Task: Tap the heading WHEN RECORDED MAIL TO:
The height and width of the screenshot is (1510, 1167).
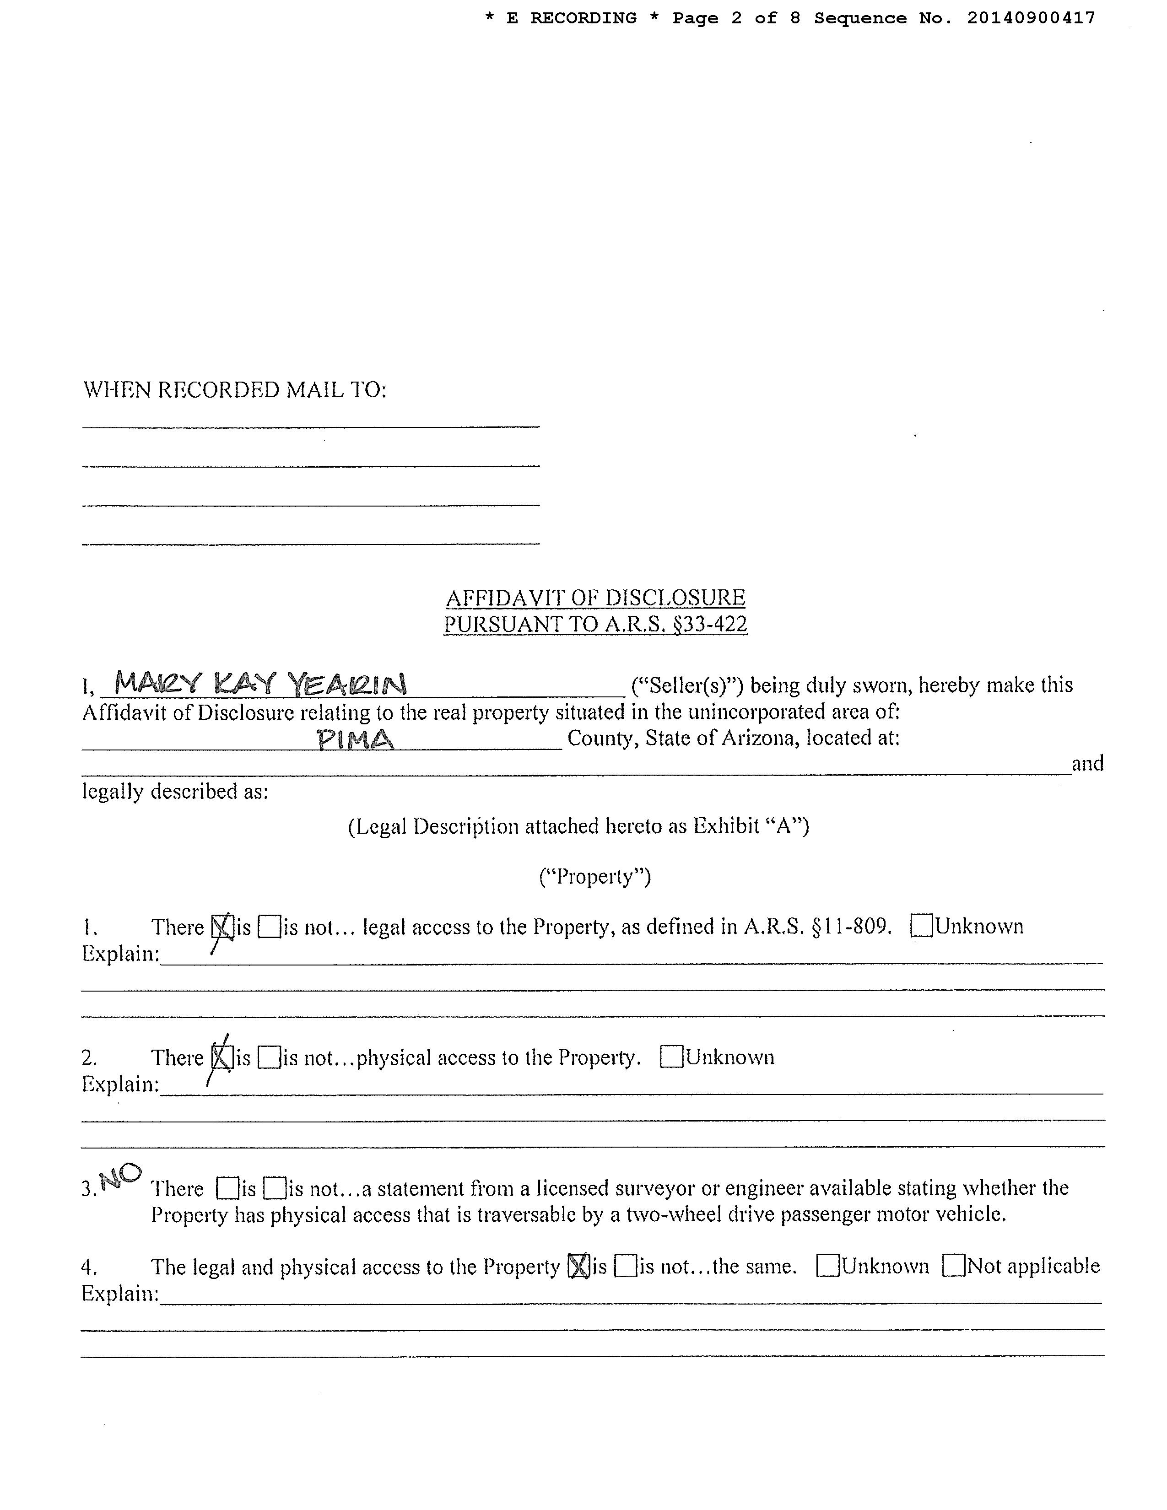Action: (x=234, y=390)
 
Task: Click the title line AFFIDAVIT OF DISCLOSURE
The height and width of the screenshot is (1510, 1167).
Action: (x=595, y=597)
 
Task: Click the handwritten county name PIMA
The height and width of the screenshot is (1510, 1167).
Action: (x=355, y=740)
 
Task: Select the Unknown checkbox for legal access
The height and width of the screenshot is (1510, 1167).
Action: (x=922, y=926)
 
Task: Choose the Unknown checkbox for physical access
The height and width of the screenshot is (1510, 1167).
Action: (x=671, y=1057)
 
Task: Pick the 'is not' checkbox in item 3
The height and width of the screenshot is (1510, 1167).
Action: (x=275, y=1188)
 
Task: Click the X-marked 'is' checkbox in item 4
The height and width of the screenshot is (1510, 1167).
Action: (x=578, y=1266)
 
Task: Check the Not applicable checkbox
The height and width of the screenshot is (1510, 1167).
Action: (x=954, y=1266)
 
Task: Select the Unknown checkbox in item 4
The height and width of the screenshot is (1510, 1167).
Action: (x=827, y=1266)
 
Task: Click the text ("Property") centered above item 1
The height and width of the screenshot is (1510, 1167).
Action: (x=594, y=877)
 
